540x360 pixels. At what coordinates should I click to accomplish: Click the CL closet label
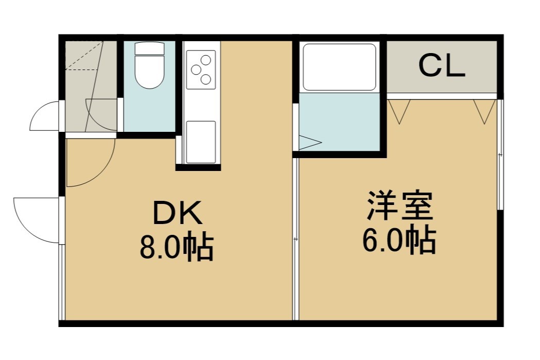pyautogui.click(x=442, y=66)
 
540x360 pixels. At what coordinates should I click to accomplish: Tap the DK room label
pyautogui.click(x=177, y=213)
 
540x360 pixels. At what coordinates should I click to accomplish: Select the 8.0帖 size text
pyautogui.click(x=177, y=247)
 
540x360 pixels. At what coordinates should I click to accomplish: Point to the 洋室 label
pyautogui.click(x=399, y=205)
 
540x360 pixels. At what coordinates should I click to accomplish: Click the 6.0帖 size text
pyautogui.click(x=399, y=240)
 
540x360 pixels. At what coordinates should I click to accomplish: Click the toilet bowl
pyautogui.click(x=149, y=72)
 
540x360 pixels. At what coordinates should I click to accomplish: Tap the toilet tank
pyautogui.click(x=149, y=48)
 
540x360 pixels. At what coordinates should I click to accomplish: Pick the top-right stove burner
pyautogui.click(x=206, y=60)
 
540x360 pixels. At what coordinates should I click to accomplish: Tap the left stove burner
pyautogui.click(x=196, y=70)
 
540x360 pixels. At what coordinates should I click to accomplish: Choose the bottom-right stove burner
pyautogui.click(x=205, y=80)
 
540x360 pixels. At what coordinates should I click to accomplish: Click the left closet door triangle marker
pyautogui.click(x=399, y=111)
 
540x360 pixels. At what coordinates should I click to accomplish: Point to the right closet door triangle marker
pyautogui.click(x=484, y=111)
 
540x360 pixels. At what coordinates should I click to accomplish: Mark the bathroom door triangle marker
pyautogui.click(x=310, y=142)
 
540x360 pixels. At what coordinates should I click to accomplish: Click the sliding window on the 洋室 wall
pyautogui.click(x=500, y=155)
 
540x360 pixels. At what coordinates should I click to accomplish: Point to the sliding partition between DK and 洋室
pyautogui.click(x=295, y=239)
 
